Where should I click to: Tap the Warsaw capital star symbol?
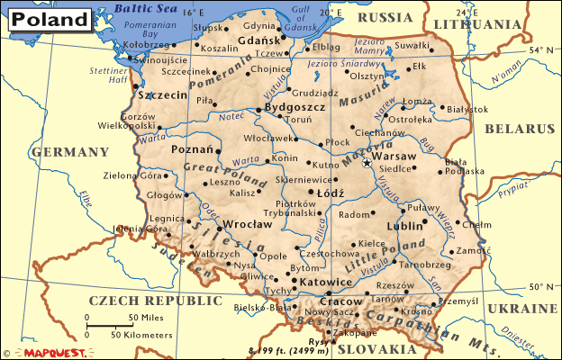[x=366, y=164]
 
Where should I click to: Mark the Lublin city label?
[x=403, y=227]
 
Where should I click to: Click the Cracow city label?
[x=344, y=303]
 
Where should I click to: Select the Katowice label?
[x=324, y=282]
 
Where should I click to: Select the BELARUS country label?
[x=519, y=129]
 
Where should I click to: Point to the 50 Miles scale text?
[x=145, y=319]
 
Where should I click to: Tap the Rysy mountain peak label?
[x=317, y=340]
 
